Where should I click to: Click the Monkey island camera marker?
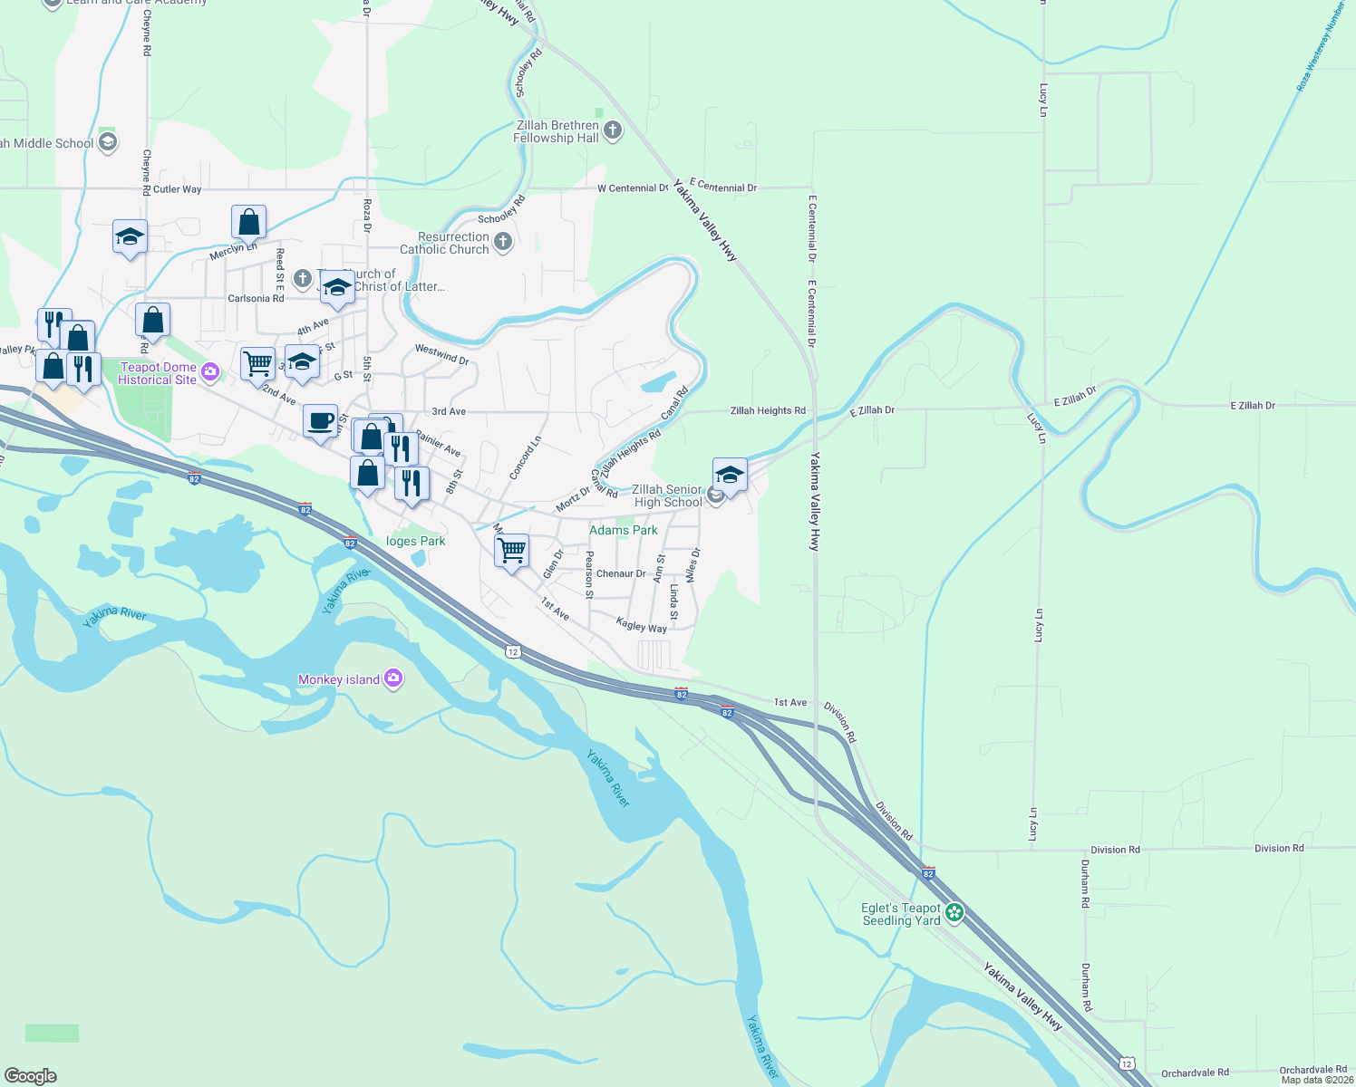point(393,678)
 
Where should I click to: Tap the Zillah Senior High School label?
point(667,495)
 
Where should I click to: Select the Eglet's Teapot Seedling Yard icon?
point(954,913)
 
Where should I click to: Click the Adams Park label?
point(624,530)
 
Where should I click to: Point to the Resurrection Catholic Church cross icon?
point(504,242)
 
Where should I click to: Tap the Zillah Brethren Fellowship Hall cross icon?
point(613,130)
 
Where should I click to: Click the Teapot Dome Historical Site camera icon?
point(210,371)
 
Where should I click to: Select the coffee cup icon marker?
point(320,421)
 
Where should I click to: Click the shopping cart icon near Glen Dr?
point(512,550)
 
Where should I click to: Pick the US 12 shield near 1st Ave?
point(513,651)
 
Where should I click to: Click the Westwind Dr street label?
point(441,353)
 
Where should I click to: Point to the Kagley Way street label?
point(641,625)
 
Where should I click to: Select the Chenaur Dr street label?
point(621,573)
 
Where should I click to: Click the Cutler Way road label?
point(178,189)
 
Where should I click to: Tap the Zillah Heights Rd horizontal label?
point(768,410)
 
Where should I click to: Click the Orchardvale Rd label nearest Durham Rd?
point(1195,1073)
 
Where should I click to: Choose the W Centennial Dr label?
point(633,188)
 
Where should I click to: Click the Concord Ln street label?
point(525,457)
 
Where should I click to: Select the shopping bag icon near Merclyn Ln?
point(248,222)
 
